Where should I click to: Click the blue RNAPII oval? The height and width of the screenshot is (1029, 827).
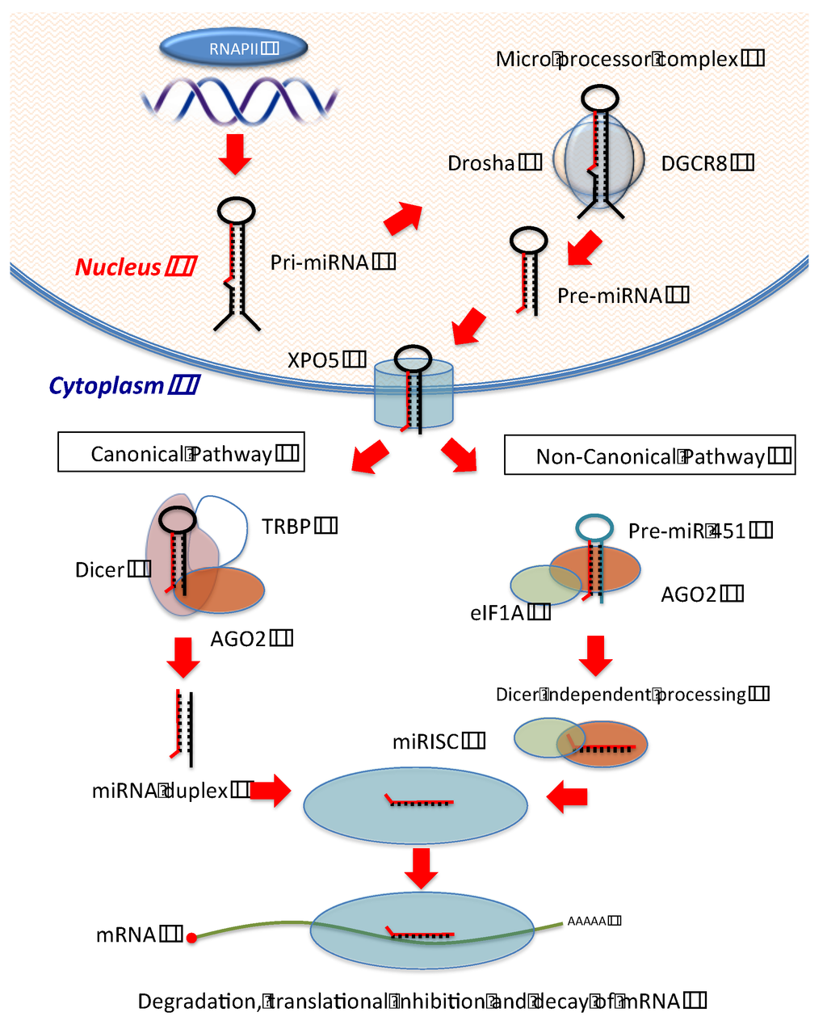[x=234, y=48]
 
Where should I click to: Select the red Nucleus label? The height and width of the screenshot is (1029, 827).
[x=134, y=267]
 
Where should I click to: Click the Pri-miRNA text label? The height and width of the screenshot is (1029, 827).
[x=332, y=262]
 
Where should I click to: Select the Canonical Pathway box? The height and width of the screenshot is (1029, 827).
[x=181, y=453]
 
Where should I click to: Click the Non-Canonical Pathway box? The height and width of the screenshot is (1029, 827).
[x=650, y=456]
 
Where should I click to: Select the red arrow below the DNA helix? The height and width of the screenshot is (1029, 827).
[x=236, y=154]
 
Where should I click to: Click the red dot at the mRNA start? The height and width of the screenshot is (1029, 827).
[x=191, y=938]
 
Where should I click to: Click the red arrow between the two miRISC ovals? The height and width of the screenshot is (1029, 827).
[x=422, y=867]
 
